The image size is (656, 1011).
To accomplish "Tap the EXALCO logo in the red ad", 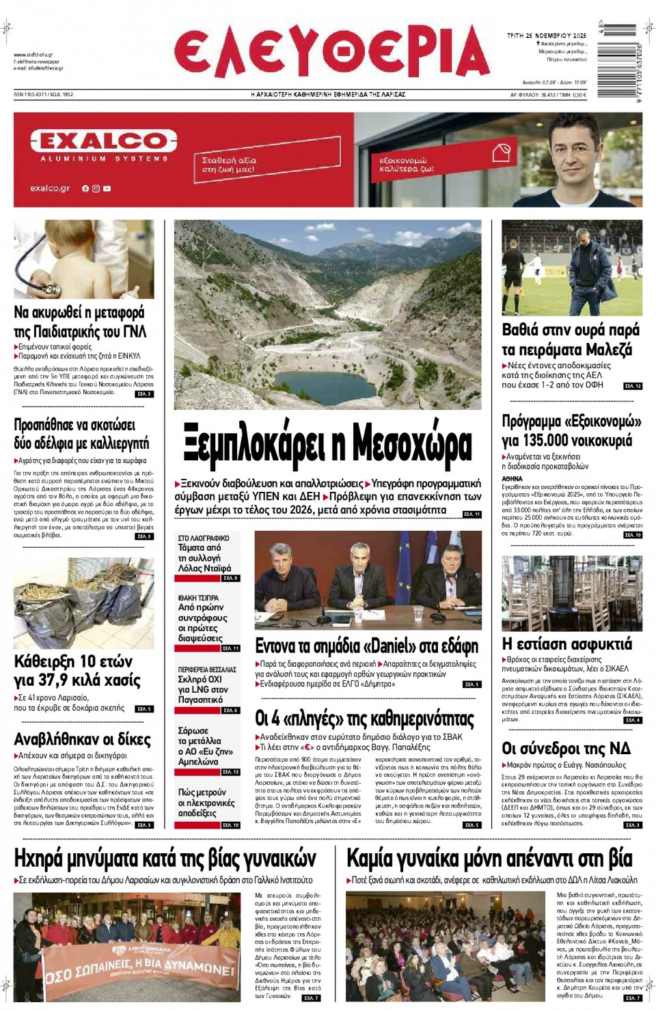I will (x=104, y=141).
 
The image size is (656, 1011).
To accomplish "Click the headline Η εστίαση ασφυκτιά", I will (x=566, y=643).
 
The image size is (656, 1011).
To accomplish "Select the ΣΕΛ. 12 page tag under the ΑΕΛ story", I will (x=633, y=386).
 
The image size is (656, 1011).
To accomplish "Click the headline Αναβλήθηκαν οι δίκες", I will (x=82, y=739).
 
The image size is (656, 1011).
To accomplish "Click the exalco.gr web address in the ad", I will (x=50, y=188).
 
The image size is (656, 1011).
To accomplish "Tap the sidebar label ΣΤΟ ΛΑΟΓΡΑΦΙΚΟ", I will (x=204, y=538).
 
